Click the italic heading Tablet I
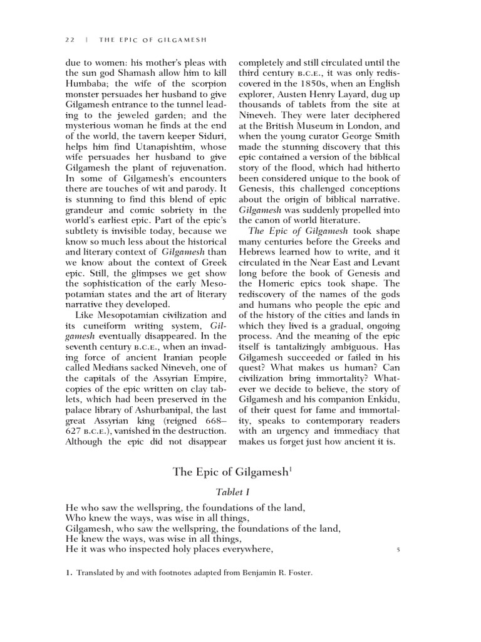tap(232, 493)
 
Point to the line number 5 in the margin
tap(398, 550)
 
